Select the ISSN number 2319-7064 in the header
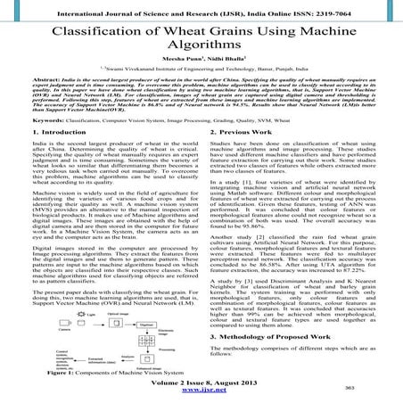pos(362,7)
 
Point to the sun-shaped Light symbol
pos(80,314)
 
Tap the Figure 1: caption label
pos(68,372)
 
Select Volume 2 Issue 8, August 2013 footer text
pos(201,382)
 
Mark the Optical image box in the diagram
pos(116,324)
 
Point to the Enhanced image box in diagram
pos(145,358)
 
